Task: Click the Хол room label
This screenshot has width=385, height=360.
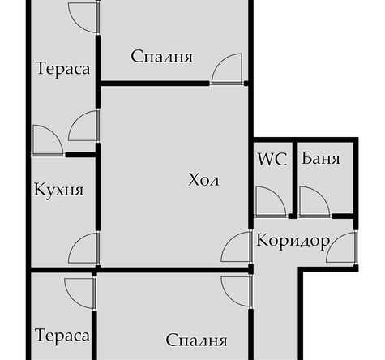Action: coord(203,179)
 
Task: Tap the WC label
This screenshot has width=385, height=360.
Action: coord(272,159)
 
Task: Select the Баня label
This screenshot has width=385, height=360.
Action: coord(320,159)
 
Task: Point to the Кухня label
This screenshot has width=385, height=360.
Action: coord(59,190)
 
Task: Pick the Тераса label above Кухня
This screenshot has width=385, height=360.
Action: coord(62,68)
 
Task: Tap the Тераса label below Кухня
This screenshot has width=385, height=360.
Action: coord(62,336)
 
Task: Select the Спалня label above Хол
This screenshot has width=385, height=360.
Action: coord(161,57)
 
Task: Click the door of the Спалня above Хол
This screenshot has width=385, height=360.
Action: coord(227,70)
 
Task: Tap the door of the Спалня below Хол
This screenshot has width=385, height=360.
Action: coord(236,289)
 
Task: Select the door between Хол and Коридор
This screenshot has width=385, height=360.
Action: coord(237,247)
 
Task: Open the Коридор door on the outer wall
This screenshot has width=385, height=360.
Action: coord(343,247)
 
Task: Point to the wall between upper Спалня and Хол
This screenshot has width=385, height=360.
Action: coord(154,83)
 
